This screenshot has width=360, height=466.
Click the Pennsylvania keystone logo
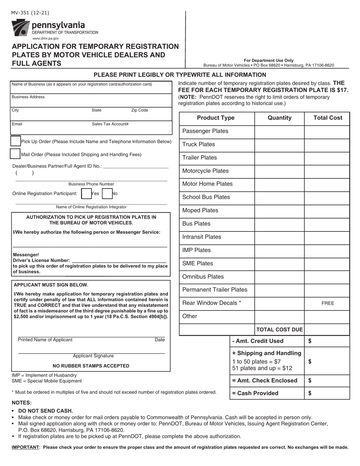[20, 28]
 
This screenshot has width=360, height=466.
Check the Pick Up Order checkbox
[16, 141]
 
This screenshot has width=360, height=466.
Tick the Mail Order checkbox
[15, 154]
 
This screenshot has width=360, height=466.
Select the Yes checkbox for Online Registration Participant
[86, 194]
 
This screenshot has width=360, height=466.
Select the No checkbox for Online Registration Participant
[107, 194]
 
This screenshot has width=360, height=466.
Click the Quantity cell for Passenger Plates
[279, 131]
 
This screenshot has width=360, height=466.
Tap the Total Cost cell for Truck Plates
[327, 144]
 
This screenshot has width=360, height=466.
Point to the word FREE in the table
[327, 303]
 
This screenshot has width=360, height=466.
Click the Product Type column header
[216, 118]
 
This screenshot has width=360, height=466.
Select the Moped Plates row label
[200, 210]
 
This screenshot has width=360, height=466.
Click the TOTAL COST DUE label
[280, 330]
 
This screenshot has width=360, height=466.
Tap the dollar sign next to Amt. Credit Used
[310, 341]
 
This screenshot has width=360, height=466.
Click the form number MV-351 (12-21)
[30, 13]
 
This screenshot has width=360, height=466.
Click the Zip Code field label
[139, 110]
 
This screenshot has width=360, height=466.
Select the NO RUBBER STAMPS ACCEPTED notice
[91, 366]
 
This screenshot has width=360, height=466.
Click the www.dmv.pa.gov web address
[45, 38]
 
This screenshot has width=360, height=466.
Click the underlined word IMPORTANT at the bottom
[26, 447]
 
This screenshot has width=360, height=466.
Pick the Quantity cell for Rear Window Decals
[279, 303]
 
